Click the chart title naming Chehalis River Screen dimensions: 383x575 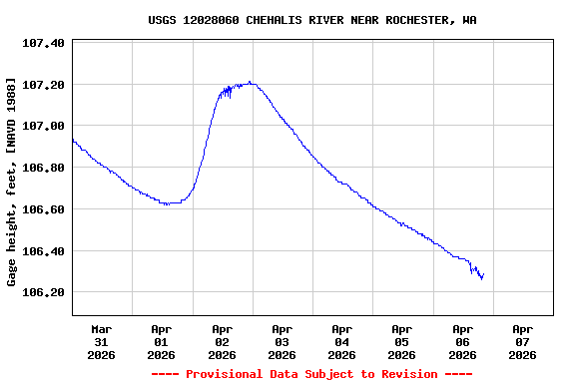(311, 20)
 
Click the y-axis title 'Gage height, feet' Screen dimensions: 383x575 (11, 182)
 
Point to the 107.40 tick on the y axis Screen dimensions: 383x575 (43, 43)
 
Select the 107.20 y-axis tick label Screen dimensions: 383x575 (43, 85)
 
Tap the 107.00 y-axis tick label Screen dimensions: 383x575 (43, 126)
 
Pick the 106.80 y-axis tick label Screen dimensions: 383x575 (43, 168)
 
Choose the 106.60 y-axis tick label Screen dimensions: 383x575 (43, 209)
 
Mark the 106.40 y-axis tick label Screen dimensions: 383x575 (43, 251)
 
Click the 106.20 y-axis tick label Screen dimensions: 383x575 (43, 292)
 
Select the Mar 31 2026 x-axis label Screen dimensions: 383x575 (102, 341)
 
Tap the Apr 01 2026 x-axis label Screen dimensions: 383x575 (162, 341)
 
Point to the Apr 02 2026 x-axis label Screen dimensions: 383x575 (222, 341)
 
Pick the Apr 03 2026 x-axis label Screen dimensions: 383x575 (283, 341)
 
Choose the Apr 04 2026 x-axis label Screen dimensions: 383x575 (342, 341)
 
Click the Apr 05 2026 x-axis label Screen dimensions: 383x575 (402, 341)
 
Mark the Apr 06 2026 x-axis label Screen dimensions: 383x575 (462, 341)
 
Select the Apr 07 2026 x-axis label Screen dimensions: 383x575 (522, 341)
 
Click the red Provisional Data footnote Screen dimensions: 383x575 (311, 374)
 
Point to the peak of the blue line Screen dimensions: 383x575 (250, 83)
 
